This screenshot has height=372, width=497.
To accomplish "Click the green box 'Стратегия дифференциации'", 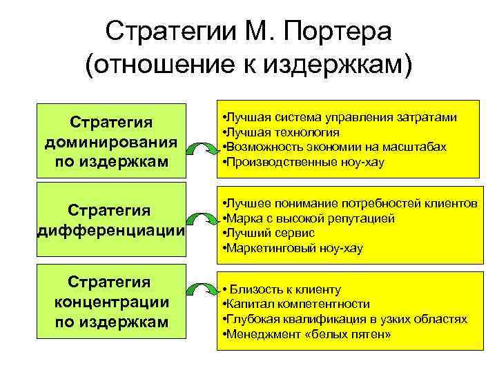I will (110, 220).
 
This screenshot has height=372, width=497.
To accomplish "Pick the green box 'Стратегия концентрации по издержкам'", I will (110, 301).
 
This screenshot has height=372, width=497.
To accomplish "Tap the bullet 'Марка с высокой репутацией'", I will (308, 218).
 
